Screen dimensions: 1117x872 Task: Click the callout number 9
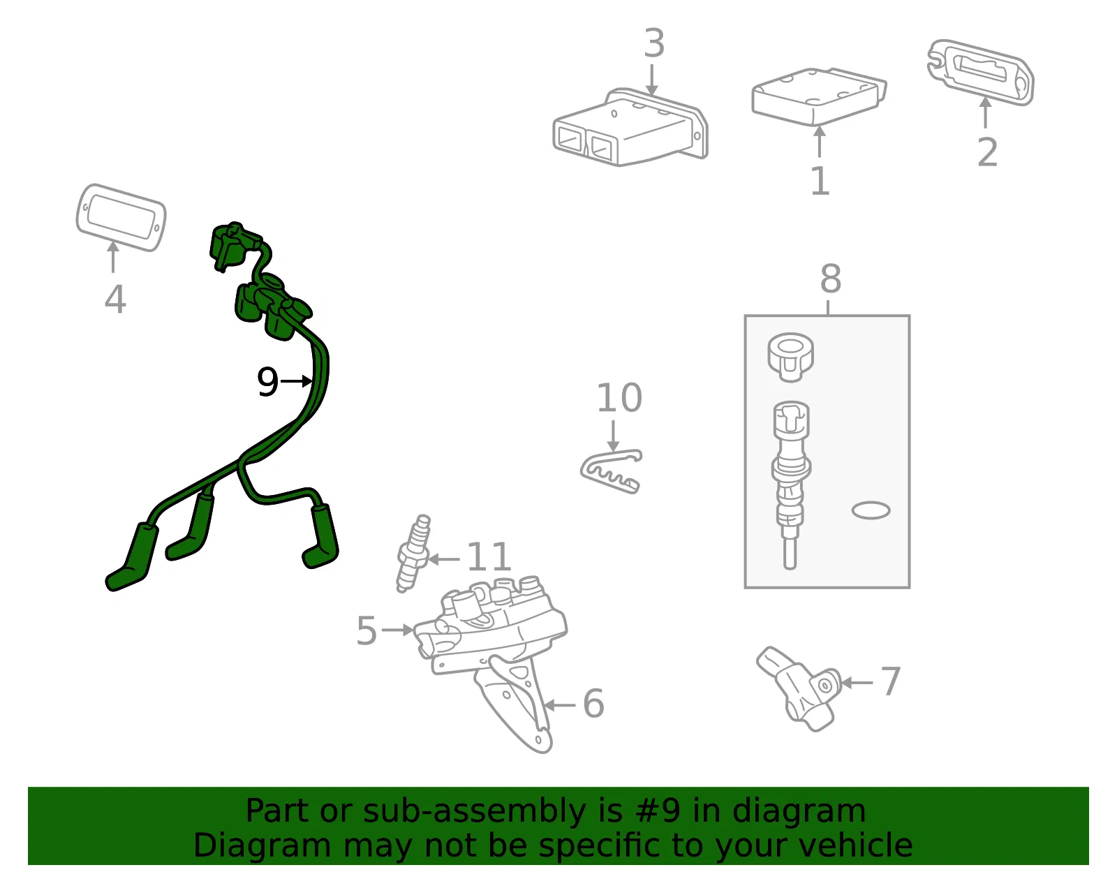point(267,381)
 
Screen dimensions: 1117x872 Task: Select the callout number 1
point(820,181)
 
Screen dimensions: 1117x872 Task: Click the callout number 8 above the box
point(831,279)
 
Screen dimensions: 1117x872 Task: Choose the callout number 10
point(619,398)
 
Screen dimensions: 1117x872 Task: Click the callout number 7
point(891,681)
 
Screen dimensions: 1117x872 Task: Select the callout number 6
point(593,704)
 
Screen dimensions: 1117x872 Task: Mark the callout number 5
point(367,630)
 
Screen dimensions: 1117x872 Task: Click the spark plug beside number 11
point(413,554)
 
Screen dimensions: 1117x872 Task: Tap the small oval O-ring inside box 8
point(871,510)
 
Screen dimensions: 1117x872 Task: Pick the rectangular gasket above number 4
point(121,217)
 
